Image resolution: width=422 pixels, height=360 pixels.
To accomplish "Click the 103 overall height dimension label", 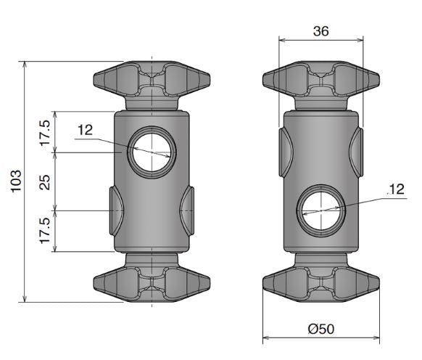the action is point(16,181).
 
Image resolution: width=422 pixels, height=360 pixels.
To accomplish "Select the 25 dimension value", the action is point(45,182).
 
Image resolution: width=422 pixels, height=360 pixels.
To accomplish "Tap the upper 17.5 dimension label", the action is point(45,133).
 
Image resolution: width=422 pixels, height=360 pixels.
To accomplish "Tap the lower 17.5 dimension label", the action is point(45,231).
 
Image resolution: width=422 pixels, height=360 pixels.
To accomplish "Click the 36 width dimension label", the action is point(320,31).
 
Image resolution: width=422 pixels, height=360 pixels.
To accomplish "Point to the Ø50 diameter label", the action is point(321,329).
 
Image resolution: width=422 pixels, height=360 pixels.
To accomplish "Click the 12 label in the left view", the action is point(85,130).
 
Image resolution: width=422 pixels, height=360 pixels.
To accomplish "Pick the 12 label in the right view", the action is point(397,189).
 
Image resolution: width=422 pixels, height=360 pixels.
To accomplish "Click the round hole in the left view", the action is point(152,152).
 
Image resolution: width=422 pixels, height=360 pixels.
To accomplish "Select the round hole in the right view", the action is point(321,210).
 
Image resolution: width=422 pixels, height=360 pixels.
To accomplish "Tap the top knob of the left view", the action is point(152,85).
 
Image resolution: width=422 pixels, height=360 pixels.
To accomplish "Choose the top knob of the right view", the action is point(321,85).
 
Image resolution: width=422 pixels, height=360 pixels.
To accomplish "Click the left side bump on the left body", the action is point(116,210).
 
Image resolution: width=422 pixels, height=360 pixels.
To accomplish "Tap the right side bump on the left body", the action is point(187,210).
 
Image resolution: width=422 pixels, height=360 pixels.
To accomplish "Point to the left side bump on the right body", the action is point(286,152).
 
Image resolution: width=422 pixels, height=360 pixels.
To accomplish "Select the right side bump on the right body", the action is point(356,152).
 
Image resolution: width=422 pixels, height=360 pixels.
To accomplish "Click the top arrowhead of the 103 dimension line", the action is point(25,64).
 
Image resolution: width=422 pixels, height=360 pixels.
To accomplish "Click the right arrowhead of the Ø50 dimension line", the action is point(376,337).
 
